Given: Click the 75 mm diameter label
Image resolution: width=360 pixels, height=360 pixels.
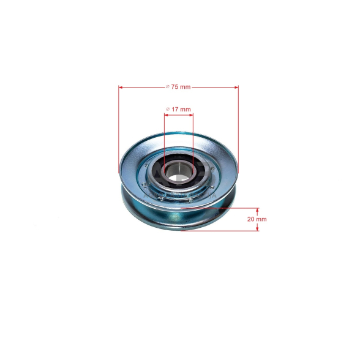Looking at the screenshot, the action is point(178,87).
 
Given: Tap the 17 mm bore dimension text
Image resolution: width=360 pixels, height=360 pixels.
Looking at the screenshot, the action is point(178,109).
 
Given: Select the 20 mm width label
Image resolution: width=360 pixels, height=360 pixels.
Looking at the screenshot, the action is point(257,219).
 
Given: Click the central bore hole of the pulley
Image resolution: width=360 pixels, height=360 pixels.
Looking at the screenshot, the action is point(178,171).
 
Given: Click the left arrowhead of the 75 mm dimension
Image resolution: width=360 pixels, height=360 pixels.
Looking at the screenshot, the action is point(121,88).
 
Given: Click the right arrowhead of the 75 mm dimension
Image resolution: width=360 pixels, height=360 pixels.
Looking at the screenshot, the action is point(236,88).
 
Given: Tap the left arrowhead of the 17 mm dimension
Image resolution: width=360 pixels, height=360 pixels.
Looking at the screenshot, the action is point(167,115).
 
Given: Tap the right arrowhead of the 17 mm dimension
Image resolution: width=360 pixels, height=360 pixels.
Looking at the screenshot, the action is point(191,115).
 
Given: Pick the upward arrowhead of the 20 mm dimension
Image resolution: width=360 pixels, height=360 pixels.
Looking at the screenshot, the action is point(257,210).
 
